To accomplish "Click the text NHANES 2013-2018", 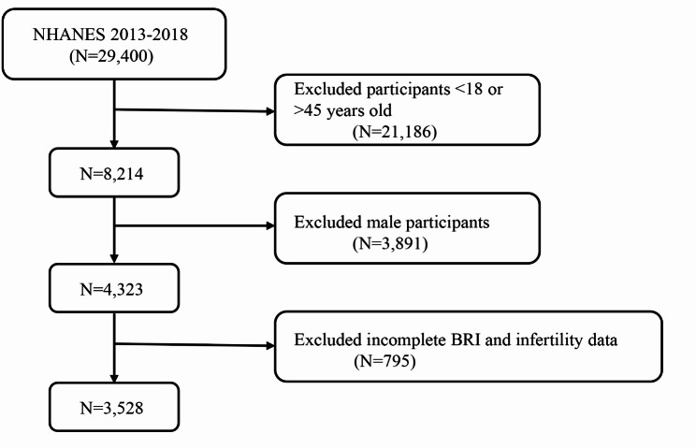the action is [110, 35].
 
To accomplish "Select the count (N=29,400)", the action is [111, 56].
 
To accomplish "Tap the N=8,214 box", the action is [114, 172].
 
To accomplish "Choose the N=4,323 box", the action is [114, 288].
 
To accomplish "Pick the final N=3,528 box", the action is [114, 407].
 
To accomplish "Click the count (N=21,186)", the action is [395, 132].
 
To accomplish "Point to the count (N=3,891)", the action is [390, 243].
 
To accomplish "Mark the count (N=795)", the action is [384, 361].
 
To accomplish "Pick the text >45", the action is [307, 110].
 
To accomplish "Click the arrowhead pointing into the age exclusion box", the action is [270, 111].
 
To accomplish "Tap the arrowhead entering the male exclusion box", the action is [270, 225].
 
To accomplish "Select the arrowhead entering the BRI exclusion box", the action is [270, 345].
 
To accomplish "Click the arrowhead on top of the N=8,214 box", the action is [114, 144].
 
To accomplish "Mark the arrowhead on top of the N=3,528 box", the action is [114, 378].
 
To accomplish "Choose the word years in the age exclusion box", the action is [343, 111].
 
